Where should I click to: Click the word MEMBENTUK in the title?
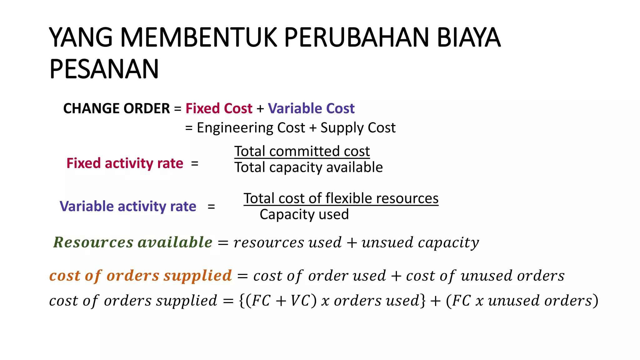(198, 37)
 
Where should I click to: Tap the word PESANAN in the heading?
(104, 69)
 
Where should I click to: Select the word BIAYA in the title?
(468, 37)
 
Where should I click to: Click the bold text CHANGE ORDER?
(116, 108)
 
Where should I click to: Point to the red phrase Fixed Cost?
(219, 108)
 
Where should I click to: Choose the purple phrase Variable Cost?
(311, 108)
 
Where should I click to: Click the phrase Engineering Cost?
(251, 128)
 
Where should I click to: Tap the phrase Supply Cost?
(358, 128)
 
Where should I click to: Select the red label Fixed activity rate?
(125, 163)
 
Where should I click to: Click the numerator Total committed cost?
(302, 151)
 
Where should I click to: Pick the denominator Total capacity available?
(308, 167)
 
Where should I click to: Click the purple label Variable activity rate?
(128, 207)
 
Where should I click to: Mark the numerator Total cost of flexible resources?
(341, 198)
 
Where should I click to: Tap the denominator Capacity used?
(304, 215)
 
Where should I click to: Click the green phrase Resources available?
(133, 242)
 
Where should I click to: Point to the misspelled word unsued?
(387, 243)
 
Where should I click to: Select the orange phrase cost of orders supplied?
(141, 276)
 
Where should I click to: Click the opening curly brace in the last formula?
(242, 301)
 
